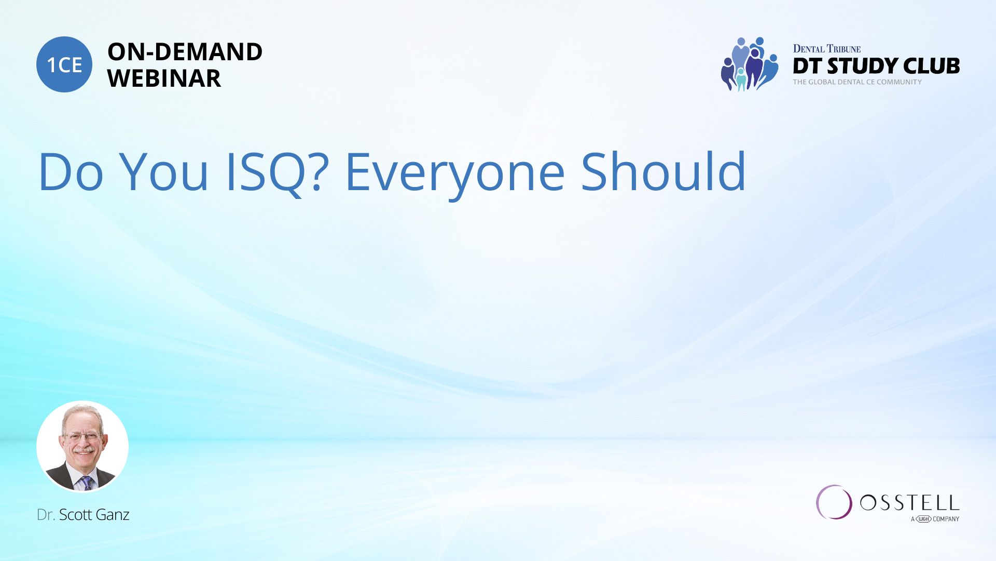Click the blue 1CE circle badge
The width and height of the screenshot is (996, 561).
64,64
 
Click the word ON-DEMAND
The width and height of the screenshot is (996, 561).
185,52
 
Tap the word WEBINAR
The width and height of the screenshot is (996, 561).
164,78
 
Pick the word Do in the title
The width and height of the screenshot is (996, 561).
71,172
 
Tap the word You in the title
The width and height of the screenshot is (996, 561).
164,172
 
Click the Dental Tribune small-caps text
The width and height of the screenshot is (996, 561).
827,49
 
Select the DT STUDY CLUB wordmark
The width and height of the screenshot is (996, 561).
876,66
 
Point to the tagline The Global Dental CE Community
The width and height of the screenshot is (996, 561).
857,82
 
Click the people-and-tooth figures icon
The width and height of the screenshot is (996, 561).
750,64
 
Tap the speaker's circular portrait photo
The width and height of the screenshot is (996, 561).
82,447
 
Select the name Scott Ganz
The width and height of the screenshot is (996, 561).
94,515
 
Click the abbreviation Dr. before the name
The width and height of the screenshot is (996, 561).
46,515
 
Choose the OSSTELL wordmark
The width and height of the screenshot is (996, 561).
909,502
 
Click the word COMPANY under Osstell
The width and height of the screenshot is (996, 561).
946,519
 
